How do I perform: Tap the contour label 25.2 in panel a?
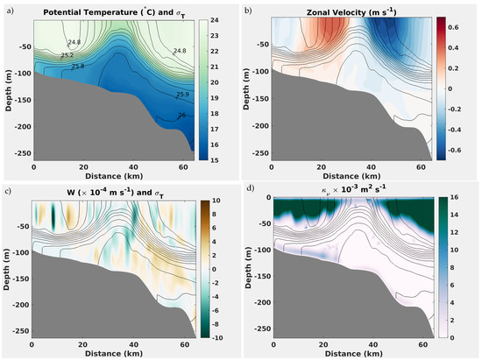point(66,53)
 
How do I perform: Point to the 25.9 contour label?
point(181,94)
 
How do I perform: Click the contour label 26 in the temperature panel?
point(181,115)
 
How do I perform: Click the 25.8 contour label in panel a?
point(77,66)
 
